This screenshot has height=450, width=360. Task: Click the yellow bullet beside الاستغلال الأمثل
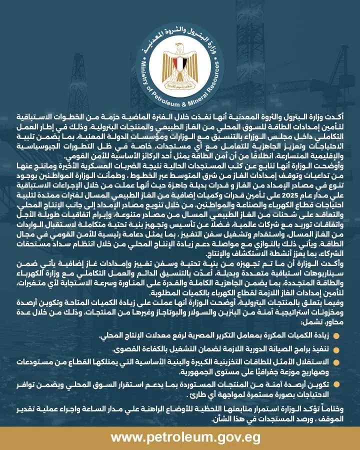point(336,360)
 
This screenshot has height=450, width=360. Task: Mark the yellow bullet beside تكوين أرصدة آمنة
point(336,383)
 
